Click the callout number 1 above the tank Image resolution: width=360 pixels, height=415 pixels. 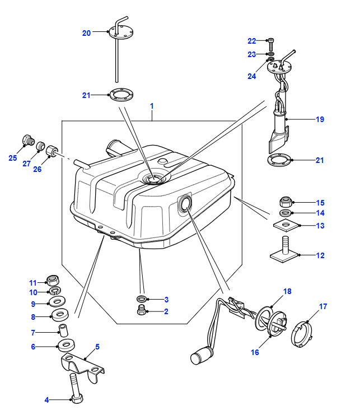tap(152, 106)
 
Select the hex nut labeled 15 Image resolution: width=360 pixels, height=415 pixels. tap(286, 202)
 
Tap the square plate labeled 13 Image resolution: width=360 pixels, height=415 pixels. tap(286, 225)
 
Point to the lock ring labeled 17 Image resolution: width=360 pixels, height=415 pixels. tap(301, 334)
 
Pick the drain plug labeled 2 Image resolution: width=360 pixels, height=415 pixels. tap(142, 310)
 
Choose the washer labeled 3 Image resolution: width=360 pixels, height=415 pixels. tap(142, 299)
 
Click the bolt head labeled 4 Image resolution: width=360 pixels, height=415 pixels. tap(77, 399)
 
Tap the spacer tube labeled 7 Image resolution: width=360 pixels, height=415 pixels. tap(63, 330)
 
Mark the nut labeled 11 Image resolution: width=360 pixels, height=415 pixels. tap(53, 280)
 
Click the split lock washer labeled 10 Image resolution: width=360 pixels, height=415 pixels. tap(55, 291)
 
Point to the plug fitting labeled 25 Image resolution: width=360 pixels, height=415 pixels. tap(29, 140)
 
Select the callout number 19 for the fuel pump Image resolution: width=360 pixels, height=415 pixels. tap(320, 119)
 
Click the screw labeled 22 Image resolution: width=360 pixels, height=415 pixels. tap(270, 45)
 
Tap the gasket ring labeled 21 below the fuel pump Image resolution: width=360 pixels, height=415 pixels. tap(279, 160)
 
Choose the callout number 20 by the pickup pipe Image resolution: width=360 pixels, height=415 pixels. tap(86, 33)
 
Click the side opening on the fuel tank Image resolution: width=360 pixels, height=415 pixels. tap(185, 204)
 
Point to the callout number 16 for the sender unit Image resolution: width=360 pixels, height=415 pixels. tap(255, 352)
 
